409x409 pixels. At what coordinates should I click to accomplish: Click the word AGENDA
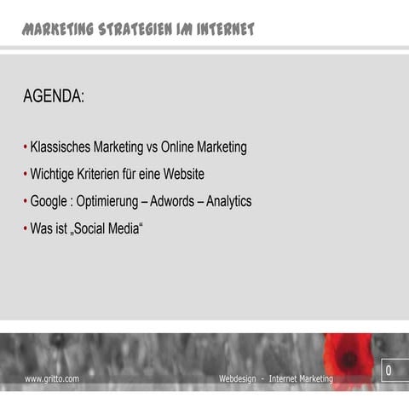point(54,98)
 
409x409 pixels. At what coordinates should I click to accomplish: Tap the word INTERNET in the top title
point(224,31)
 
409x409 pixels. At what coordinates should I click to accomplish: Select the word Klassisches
point(64,147)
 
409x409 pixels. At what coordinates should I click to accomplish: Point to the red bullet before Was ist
point(25,230)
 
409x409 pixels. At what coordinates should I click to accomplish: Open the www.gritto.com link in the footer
point(52,378)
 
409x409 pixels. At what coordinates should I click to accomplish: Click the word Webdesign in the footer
point(239,378)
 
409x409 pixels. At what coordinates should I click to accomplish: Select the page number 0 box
point(389,372)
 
